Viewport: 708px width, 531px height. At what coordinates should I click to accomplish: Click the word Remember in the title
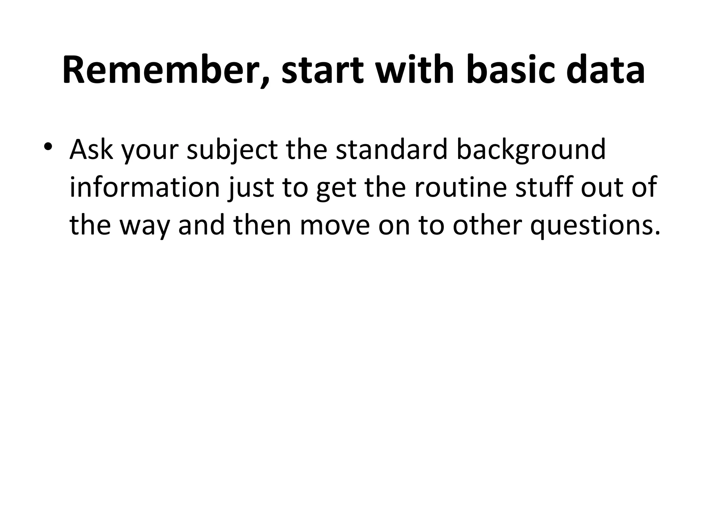point(165,71)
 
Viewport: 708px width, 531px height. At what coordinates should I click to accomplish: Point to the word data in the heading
point(605,71)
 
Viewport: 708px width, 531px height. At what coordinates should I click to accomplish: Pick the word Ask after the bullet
point(91,149)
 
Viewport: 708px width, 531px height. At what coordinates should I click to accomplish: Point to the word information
point(145,187)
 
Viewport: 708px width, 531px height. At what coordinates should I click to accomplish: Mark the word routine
point(462,187)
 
